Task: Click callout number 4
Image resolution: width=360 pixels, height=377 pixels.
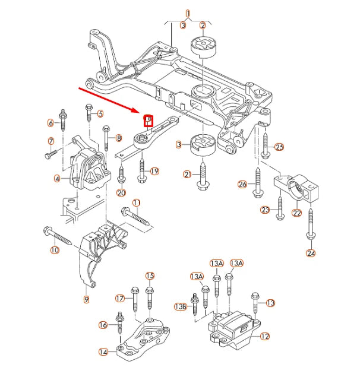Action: click(57, 178)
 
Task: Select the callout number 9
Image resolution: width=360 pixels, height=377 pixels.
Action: click(86, 300)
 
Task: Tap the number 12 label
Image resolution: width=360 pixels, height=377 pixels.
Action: click(264, 336)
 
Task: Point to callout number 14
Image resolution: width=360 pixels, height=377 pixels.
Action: click(103, 352)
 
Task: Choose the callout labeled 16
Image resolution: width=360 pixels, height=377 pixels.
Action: click(103, 325)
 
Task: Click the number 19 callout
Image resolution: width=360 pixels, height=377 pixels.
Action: click(154, 172)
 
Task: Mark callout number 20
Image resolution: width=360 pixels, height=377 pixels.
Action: click(121, 192)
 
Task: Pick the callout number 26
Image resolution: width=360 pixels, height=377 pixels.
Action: click(242, 185)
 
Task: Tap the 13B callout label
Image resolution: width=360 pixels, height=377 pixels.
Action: click(180, 306)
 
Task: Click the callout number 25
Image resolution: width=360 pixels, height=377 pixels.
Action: click(280, 147)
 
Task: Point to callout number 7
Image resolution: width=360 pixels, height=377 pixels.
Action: click(51, 141)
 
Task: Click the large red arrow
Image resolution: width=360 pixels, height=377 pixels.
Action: click(109, 100)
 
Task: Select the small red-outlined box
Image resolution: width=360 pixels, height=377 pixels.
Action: click(149, 121)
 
